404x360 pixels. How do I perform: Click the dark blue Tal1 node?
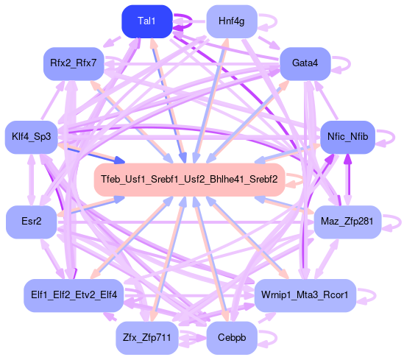[x=147, y=21]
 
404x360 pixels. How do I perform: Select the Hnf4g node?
[x=232, y=21]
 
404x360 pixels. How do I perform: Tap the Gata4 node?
[x=305, y=63]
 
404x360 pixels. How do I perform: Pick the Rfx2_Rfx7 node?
[x=74, y=63]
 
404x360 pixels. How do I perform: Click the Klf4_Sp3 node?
[x=31, y=137]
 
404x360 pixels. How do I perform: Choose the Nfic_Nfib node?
[x=347, y=137]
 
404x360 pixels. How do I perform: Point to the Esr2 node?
[x=31, y=222]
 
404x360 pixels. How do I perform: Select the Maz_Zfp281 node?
[x=347, y=222]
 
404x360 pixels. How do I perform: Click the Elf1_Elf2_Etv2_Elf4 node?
[x=74, y=295]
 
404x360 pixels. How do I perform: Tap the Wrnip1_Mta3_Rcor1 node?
[x=305, y=295]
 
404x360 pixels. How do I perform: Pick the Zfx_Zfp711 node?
[x=147, y=338]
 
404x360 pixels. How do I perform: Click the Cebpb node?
[x=232, y=338]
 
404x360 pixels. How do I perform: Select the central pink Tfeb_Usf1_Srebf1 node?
[x=189, y=180]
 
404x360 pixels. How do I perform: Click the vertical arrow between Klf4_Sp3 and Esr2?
[x=31, y=180]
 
